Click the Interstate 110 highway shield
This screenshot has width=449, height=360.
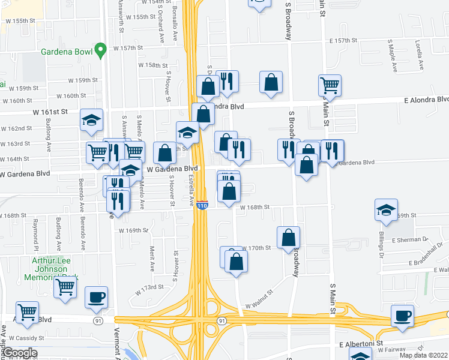[202, 205]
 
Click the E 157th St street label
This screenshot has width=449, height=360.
[343, 40]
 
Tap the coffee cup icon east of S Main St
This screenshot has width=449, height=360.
[402, 316]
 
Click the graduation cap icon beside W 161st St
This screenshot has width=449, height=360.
[92, 119]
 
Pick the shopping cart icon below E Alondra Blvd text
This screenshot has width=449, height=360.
[330, 85]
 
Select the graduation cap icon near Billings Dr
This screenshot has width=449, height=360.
[387, 209]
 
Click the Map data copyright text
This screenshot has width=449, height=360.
[423, 355]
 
